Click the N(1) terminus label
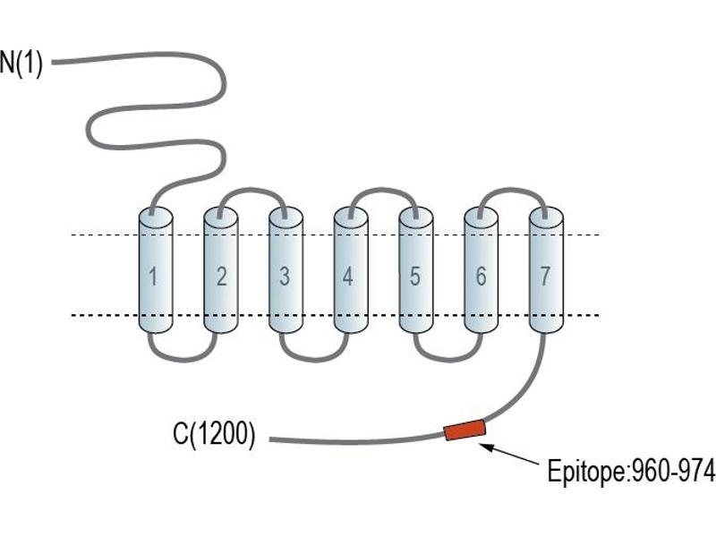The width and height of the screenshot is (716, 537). pos(21,64)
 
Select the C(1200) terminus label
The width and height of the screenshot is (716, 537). pos(214,433)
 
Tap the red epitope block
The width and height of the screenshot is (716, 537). pos(465,430)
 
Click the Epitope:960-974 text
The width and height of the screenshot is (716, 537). pos(632,471)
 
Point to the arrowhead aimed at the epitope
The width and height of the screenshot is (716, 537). pos(485,446)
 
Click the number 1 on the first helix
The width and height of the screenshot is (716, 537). pos(153,277)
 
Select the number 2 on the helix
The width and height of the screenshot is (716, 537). pos(221,277)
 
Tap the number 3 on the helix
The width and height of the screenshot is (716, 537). pos(285,277)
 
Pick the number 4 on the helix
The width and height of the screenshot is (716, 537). pos(348,277)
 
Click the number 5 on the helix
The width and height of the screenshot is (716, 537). pos(414,277)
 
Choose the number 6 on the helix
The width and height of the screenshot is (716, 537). pos(481,277)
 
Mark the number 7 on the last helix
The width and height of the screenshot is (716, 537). pos(545,277)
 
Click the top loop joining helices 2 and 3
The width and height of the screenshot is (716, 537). pos(252,190)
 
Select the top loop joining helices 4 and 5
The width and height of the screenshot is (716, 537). pos(383,190)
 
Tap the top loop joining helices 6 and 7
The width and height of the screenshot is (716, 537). pos(512,190)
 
